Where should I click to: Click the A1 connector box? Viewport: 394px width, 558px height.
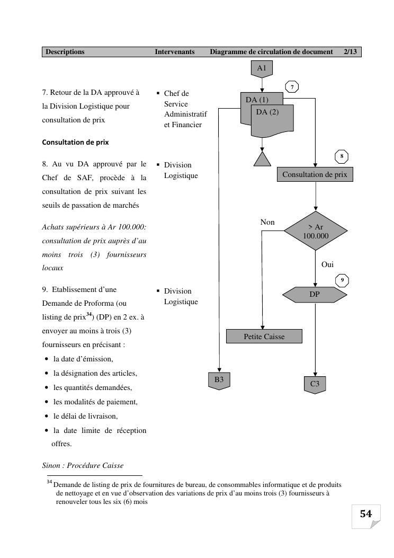click(262, 68)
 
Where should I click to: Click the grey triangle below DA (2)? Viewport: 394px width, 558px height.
click(262, 159)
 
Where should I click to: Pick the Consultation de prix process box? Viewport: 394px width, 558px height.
click(315, 174)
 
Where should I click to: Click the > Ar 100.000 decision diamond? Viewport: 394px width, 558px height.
click(316, 231)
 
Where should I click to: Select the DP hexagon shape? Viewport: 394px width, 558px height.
click(315, 294)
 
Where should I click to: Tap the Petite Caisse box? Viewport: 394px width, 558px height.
click(264, 336)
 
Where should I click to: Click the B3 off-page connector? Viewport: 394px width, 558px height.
click(219, 380)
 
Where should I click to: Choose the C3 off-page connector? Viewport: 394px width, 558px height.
click(315, 384)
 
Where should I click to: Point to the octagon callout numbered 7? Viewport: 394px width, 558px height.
click(292, 86)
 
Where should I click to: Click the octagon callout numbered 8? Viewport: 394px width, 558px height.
click(342, 156)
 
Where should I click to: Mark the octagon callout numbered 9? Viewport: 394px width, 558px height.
click(342, 280)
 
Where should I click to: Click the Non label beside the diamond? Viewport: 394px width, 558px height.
click(267, 222)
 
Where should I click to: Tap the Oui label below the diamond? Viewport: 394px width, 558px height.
click(327, 264)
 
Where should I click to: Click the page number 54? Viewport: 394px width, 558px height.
click(366, 513)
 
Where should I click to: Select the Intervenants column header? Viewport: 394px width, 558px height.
click(175, 52)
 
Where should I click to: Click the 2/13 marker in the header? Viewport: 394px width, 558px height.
click(350, 52)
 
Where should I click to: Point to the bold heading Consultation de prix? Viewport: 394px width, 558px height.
click(75, 142)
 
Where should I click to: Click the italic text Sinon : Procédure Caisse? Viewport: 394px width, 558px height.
click(83, 465)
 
